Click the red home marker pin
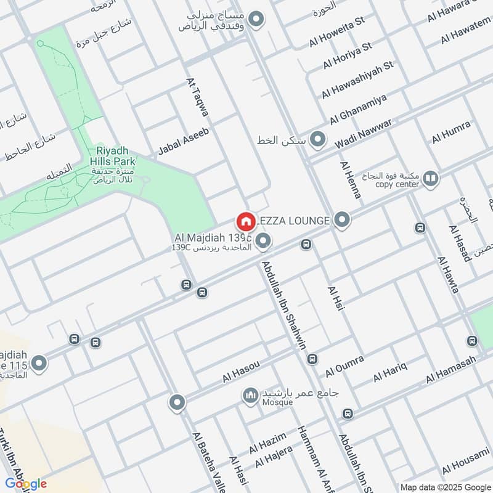(245, 221)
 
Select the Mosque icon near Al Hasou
(250, 394)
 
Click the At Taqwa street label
(197, 97)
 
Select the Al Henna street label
(350, 179)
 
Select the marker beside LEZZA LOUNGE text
(343, 219)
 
